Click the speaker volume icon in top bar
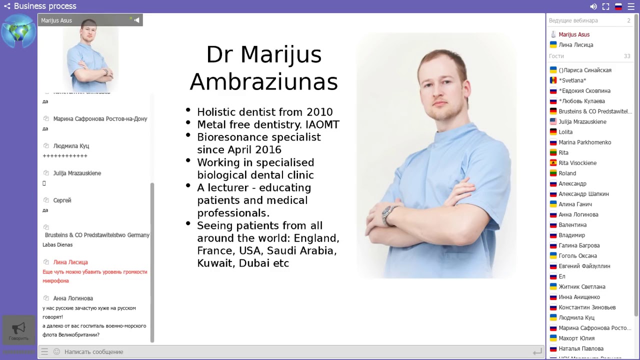(x=593, y=6)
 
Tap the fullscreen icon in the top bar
(x=605, y=6)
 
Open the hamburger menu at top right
(x=631, y=6)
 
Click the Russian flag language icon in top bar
(x=618, y=6)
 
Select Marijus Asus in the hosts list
(x=574, y=34)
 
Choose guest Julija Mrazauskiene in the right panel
(x=582, y=121)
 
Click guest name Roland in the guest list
(x=567, y=173)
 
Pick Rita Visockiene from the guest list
(x=577, y=163)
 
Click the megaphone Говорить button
(x=18, y=330)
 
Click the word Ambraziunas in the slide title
(x=263, y=81)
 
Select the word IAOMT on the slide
(x=322, y=124)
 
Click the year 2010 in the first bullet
(x=319, y=112)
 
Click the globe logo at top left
(x=18, y=31)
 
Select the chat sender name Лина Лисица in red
(x=70, y=262)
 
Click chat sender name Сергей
(x=62, y=200)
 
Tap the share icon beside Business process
(x=7, y=6)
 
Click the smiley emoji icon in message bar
(x=56, y=352)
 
